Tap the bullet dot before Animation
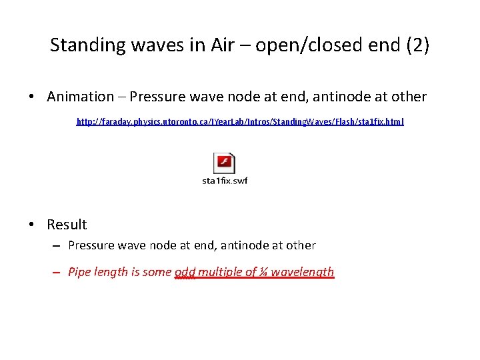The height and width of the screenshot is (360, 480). [x=32, y=97]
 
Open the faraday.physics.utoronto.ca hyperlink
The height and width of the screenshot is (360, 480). [x=240, y=122]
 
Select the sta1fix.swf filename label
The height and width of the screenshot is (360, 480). [x=225, y=181]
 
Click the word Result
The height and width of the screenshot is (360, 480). [x=67, y=225]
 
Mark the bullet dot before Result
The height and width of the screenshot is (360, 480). [x=32, y=225]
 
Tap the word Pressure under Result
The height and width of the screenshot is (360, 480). [x=93, y=245]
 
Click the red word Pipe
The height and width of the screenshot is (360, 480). [x=80, y=272]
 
